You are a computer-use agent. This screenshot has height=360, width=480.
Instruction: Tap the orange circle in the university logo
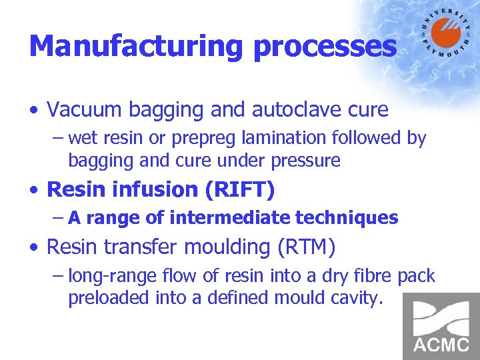click(445, 32)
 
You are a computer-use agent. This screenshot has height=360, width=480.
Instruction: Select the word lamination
click(268, 138)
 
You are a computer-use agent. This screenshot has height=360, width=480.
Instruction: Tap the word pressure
click(308, 161)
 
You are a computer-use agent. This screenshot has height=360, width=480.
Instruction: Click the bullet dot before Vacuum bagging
click(35, 109)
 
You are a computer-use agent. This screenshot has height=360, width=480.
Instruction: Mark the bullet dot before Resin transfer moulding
click(35, 248)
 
